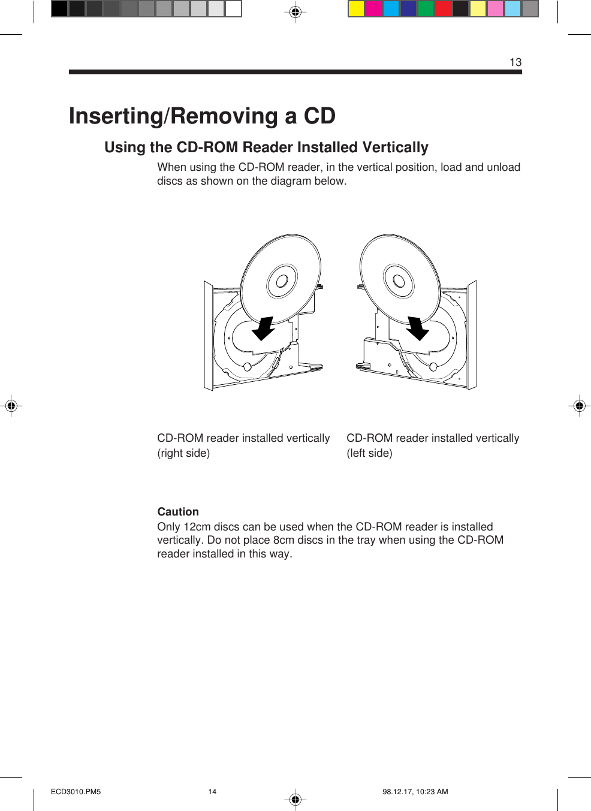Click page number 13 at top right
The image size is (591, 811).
[515, 62]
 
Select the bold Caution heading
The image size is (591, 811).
[178, 511]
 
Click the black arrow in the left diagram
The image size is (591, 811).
[263, 328]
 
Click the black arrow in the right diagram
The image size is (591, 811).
[417, 328]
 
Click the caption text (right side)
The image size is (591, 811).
[183, 453]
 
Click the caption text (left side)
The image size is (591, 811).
[369, 453]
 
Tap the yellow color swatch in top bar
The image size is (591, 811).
[356, 9]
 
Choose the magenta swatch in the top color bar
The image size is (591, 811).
[373, 9]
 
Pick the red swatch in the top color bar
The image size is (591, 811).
[443, 9]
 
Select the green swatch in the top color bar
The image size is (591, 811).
[426, 9]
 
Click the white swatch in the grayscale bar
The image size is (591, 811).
[233, 9]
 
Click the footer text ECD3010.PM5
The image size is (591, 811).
[76, 792]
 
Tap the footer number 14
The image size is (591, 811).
[212, 792]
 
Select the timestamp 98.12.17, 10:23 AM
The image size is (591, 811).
[415, 792]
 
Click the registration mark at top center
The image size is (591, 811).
[295, 12]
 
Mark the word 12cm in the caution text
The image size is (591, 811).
[197, 527]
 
